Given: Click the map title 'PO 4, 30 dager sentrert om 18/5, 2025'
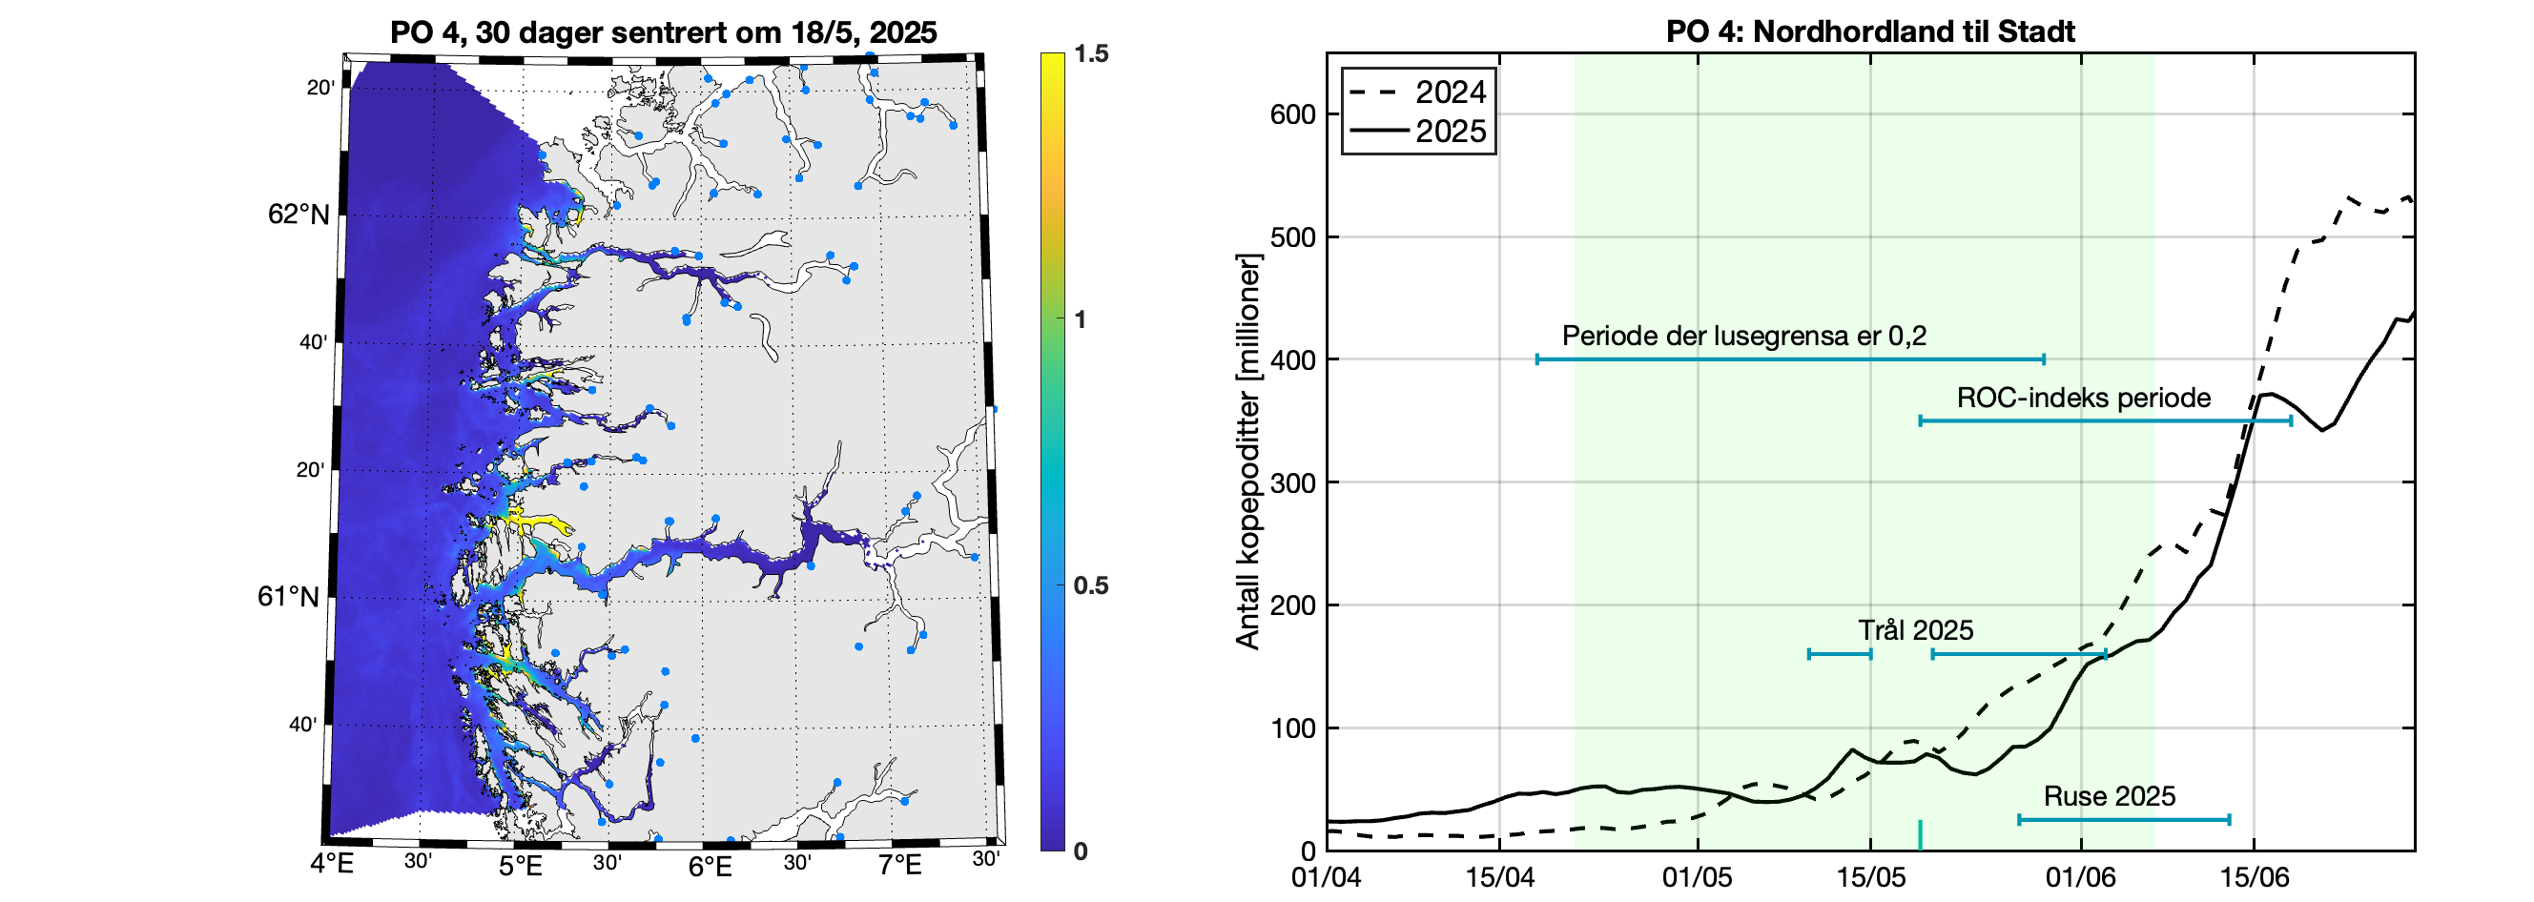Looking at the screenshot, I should (663, 32).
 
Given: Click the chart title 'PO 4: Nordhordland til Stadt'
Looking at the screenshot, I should (1870, 31).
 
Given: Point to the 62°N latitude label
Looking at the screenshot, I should (299, 215).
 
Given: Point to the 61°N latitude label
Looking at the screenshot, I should (288, 597).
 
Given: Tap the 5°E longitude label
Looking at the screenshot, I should (521, 867).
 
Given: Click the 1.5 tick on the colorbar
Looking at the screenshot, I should (1091, 54).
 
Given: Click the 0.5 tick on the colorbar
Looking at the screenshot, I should (1091, 586).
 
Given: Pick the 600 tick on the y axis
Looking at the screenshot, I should (1292, 115).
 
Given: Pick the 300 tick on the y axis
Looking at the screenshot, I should (1292, 483).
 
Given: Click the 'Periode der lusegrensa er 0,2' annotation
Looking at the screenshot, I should (1743, 337).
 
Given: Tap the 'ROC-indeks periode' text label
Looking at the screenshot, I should (2084, 399).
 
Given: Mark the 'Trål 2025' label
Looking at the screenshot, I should (1915, 630).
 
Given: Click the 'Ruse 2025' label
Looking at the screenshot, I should (2109, 797).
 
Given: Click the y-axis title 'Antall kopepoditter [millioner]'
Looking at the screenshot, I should (1248, 453).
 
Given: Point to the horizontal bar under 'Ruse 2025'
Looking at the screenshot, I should (2124, 819).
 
